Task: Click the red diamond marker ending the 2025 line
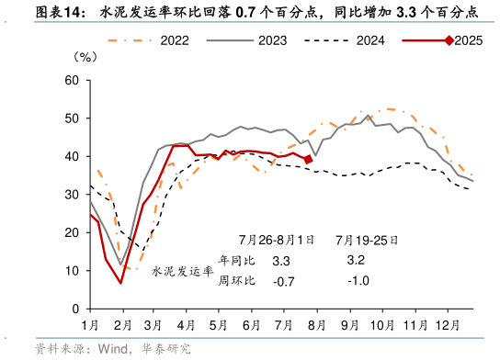(x=308, y=159)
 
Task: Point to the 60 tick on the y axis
(x=70, y=80)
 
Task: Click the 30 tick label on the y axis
(x=70, y=195)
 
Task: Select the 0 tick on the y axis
(x=74, y=309)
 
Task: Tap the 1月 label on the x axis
(x=90, y=325)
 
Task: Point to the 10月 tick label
(x=381, y=325)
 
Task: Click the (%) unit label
(x=84, y=57)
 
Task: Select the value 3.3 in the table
(x=281, y=261)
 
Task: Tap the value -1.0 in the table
(x=357, y=281)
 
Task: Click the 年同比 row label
(x=233, y=261)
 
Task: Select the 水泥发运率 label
(x=181, y=271)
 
